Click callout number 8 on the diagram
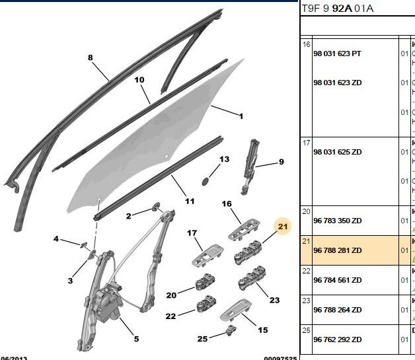point(91,57)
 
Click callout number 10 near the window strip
point(139,80)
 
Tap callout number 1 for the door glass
point(241,117)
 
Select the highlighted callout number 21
point(283,227)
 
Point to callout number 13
point(224,159)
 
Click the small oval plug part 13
point(205,180)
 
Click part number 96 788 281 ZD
point(338,250)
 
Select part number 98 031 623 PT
point(338,54)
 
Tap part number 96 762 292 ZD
point(338,340)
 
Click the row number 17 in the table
point(306,142)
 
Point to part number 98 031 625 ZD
point(338,152)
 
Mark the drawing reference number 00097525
point(280,357)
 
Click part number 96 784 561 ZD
point(338,279)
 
